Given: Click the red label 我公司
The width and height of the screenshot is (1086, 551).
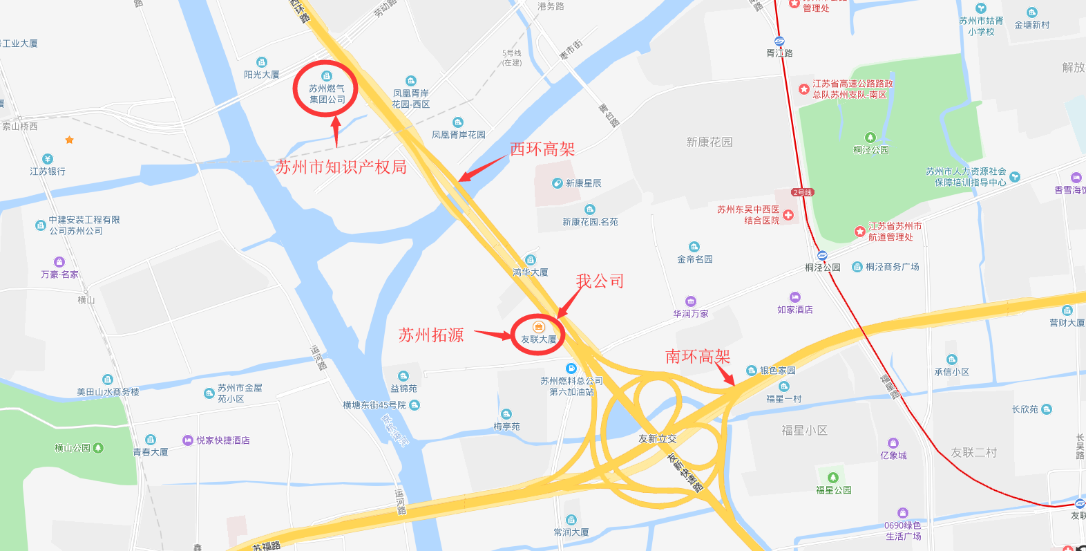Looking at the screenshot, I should [600, 281].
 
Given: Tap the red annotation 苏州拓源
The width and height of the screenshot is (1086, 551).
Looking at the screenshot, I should [431, 335].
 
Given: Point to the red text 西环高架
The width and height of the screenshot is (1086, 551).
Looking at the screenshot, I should [542, 149].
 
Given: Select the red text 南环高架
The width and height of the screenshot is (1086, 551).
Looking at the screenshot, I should [697, 357].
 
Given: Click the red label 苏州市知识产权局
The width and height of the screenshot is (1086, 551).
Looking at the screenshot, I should [341, 167].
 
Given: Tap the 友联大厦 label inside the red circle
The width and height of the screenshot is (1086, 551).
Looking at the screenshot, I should [538, 339].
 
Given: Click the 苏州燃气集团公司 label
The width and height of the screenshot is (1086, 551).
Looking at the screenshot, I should [327, 94].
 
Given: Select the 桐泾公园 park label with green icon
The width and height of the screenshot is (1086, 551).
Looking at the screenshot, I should [870, 149].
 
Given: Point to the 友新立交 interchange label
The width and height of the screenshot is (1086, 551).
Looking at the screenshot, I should [657, 438].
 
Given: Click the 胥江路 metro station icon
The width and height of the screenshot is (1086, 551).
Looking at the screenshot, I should [779, 41].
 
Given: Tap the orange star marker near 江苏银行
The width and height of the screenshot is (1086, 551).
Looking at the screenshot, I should [69, 140].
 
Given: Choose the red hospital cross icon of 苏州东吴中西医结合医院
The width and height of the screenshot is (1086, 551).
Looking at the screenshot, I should [788, 215].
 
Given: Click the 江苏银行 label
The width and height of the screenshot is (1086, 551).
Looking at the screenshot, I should [48, 171].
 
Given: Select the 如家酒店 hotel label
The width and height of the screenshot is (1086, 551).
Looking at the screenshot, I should [794, 310].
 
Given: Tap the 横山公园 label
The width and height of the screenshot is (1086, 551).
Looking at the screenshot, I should [73, 448].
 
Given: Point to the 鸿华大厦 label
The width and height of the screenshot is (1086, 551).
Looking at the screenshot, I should [531, 272].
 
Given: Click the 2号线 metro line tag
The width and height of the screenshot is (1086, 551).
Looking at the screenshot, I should [802, 192].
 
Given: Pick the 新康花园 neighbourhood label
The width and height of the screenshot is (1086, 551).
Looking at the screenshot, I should [709, 142].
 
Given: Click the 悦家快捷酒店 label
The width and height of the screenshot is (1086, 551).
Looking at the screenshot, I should [222, 440].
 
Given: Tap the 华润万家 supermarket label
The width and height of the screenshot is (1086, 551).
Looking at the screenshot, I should [691, 313].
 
